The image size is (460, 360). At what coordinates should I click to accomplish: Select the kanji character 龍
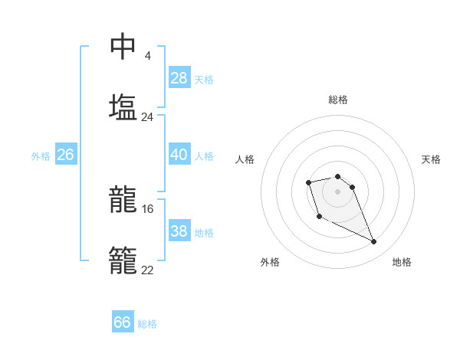coord(123,201)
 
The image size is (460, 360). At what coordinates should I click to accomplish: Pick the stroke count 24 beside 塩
coord(147,117)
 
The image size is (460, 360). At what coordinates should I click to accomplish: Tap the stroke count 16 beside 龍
coord(148,209)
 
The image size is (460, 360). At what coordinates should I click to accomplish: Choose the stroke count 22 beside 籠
coord(148,270)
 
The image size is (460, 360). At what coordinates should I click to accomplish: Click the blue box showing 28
coord(179,78)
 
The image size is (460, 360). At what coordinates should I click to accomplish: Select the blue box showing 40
coord(179,155)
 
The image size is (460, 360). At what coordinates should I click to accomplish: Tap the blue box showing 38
coord(179,231)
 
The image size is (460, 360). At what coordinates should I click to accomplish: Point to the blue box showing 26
coord(66,155)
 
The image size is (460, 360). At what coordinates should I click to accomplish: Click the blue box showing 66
coord(123,322)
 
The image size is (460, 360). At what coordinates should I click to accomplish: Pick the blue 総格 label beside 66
coord(147,324)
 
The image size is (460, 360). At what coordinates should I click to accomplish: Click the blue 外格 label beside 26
coord(41,156)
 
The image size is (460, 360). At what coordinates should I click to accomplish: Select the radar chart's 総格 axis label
coord(338,100)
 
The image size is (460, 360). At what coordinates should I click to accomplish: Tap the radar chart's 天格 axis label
coord(432,159)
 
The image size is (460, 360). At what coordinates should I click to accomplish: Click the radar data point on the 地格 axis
coord(374,242)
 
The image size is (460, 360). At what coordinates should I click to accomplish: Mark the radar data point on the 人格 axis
coord(308,182)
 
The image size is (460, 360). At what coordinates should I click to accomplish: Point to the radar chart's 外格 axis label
coord(270,262)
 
